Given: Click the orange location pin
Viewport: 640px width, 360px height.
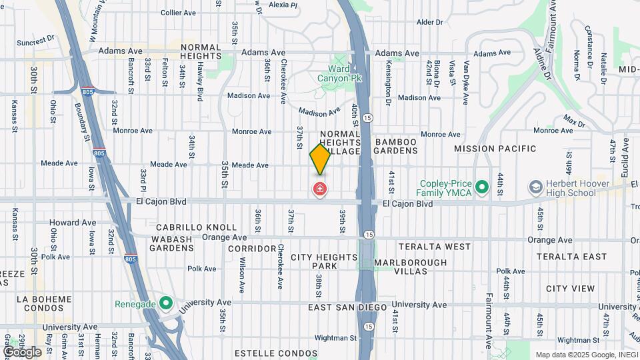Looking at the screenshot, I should tap(320, 159).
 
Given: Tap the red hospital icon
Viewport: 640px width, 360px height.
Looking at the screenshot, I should tap(320, 190).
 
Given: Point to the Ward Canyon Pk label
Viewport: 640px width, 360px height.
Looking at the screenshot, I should tap(344, 73).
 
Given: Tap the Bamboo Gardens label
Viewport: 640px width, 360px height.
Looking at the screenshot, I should tap(396, 147).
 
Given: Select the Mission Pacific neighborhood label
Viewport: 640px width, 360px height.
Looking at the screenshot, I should tap(495, 148).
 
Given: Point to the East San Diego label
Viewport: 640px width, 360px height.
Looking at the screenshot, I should tap(347, 307).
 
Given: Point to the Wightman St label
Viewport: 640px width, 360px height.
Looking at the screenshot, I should tap(336, 339).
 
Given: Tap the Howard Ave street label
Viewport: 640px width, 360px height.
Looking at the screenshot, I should tap(73, 223).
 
